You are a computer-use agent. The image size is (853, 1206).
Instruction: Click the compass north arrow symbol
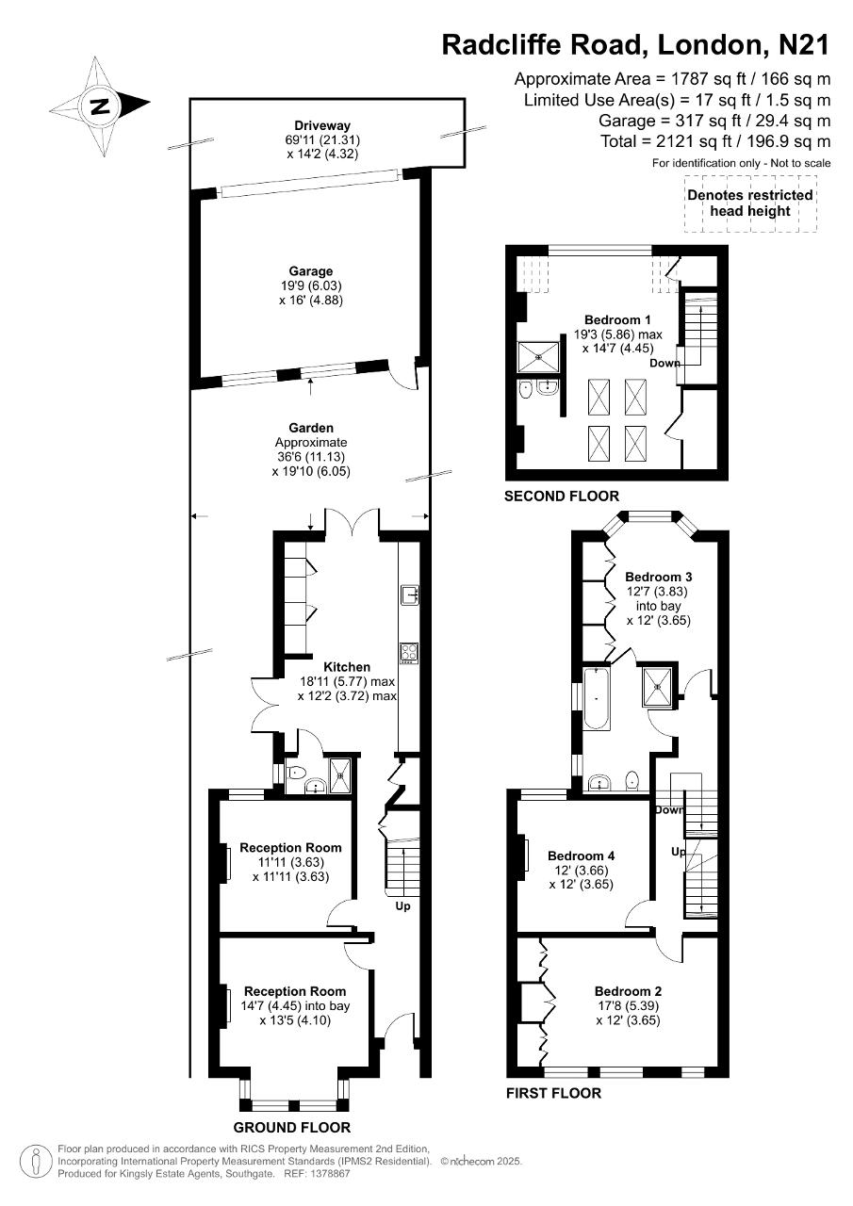(x=100, y=106)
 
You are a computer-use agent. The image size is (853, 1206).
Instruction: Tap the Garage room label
(x=311, y=271)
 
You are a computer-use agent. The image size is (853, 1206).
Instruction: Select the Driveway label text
(x=322, y=125)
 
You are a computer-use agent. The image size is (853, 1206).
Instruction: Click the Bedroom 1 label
(x=617, y=319)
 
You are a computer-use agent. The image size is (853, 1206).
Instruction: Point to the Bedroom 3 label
(x=659, y=577)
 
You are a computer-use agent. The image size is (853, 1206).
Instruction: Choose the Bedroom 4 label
(x=581, y=856)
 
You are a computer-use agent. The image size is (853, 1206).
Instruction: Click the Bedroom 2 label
(x=628, y=991)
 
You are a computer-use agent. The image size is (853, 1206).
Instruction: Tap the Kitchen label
(x=347, y=666)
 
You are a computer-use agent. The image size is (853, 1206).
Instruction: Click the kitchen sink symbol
(x=410, y=594)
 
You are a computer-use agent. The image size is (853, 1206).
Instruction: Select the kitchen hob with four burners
(x=410, y=653)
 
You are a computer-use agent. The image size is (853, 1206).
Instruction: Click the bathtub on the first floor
(x=597, y=698)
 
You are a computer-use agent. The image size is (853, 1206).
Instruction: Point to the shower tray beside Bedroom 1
(x=538, y=357)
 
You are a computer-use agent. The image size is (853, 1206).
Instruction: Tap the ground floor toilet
(x=296, y=774)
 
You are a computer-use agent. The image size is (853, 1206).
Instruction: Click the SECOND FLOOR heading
(x=562, y=496)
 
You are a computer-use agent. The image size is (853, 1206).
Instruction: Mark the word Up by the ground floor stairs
(x=402, y=906)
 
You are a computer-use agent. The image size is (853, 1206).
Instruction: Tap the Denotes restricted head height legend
(x=750, y=203)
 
